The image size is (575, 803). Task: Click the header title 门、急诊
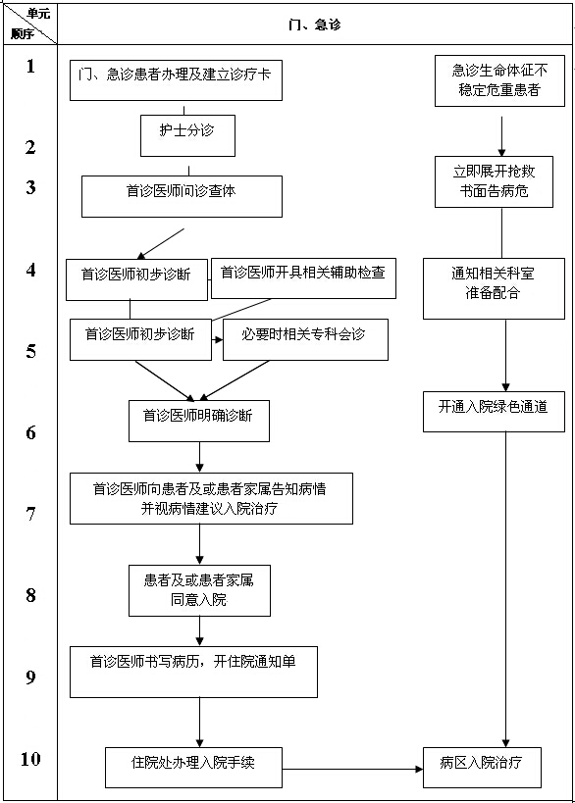(315, 24)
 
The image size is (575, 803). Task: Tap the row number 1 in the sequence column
(30, 67)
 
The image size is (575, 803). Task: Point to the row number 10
(30, 759)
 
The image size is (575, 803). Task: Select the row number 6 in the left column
(30, 432)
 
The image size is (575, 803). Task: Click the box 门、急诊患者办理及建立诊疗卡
(176, 79)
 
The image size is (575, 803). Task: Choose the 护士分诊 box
(187, 135)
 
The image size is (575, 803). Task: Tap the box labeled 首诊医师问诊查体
(182, 195)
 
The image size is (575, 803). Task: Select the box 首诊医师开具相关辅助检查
(303, 278)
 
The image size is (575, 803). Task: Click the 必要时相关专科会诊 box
(305, 339)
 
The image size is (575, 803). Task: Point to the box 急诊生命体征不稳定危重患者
(500, 81)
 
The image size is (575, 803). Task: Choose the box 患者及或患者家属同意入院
(199, 589)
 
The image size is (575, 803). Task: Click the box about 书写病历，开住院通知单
(193, 671)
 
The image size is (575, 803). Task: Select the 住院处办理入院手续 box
(194, 767)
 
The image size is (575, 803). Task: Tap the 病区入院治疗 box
(482, 767)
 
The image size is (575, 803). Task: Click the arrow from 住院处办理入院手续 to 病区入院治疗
(353, 769)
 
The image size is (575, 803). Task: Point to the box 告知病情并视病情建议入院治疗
(211, 498)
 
